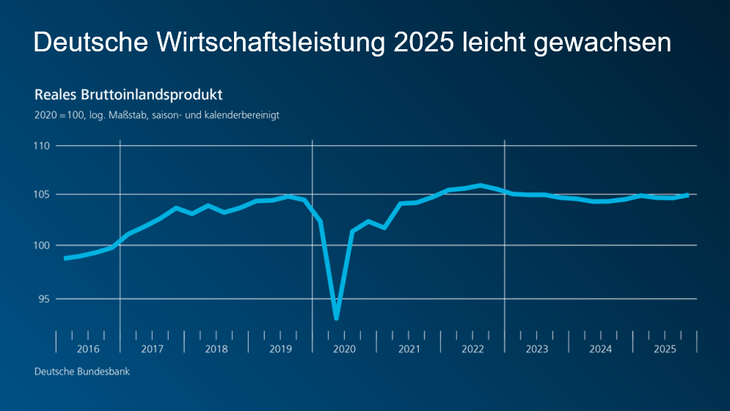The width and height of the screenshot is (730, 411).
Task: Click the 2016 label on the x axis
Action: (88, 349)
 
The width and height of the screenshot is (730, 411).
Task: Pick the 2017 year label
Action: (152, 349)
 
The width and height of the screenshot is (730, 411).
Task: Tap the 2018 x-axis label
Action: (216, 349)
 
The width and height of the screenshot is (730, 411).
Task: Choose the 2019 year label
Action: (280, 349)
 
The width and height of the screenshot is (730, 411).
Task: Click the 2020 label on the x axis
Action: (344, 349)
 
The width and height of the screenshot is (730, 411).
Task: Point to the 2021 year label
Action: (409, 349)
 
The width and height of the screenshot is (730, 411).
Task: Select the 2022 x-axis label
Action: (472, 349)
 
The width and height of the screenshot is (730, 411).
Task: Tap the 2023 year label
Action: (536, 349)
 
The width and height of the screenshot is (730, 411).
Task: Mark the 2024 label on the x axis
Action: (601, 349)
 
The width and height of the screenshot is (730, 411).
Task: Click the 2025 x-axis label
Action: (665, 349)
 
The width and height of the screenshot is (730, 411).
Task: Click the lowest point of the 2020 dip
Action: (336, 318)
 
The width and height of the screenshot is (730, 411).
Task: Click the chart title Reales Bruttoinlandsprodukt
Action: (128, 95)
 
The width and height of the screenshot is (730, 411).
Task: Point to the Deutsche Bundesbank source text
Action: (82, 372)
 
